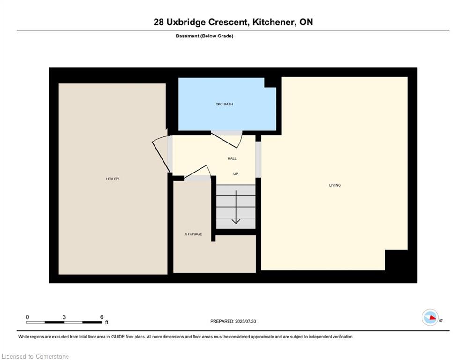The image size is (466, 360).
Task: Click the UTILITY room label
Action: tap(113, 179)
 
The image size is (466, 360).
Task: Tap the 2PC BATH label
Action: tap(224, 104)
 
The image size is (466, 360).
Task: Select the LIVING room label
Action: tap(335, 185)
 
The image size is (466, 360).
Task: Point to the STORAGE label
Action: tap(193, 234)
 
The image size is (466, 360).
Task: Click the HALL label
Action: tap(232, 158)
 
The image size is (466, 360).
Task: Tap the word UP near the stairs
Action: tap(236, 174)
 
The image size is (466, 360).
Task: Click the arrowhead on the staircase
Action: tap(236, 221)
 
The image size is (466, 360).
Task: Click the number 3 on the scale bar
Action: tap(64, 317)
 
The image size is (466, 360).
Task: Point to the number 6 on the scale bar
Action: tap(101, 317)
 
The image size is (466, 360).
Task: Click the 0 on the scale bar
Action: tap(27, 317)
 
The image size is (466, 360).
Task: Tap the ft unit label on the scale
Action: tap(107, 322)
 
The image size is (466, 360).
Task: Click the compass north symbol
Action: tap(430, 317)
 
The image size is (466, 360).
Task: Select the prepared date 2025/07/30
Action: tap(245, 321)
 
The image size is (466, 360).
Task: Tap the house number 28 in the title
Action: tap(159, 22)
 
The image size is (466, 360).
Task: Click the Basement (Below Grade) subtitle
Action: tap(205, 36)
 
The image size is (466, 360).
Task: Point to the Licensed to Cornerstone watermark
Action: tap(36, 356)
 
